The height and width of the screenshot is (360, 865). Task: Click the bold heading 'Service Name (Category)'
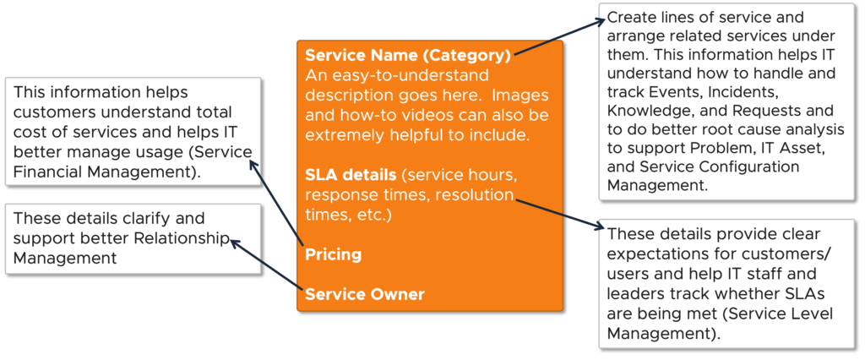click(x=407, y=57)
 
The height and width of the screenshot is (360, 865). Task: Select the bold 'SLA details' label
click(x=350, y=175)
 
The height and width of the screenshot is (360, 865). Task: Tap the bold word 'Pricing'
click(x=333, y=254)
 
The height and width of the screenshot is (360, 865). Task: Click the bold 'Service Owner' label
click(x=364, y=294)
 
